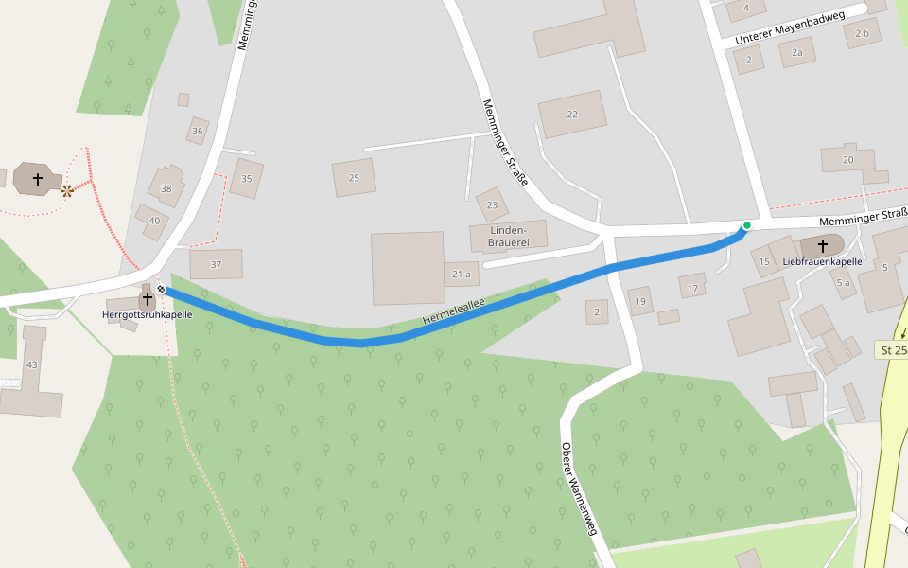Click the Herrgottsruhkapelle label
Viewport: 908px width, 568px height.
tap(148, 314)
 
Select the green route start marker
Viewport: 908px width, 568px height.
tap(746, 225)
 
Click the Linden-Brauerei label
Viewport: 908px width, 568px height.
tap(507, 236)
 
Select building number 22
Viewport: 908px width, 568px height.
tap(572, 114)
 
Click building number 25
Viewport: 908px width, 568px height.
tap(354, 178)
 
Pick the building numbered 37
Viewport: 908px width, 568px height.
tap(216, 264)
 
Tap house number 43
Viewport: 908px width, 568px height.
tap(32, 364)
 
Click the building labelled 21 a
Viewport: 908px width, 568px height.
tap(461, 275)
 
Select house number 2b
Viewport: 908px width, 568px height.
tap(861, 33)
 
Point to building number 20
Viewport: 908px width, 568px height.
tap(847, 159)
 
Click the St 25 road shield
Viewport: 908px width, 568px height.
tap(893, 350)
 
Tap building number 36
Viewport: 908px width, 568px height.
tap(197, 132)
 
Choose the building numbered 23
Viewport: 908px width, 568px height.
tap(492, 204)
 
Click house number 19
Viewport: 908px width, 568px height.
tap(640, 302)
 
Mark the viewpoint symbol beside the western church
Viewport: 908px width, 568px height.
tap(66, 190)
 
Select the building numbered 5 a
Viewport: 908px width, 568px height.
tap(843, 282)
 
